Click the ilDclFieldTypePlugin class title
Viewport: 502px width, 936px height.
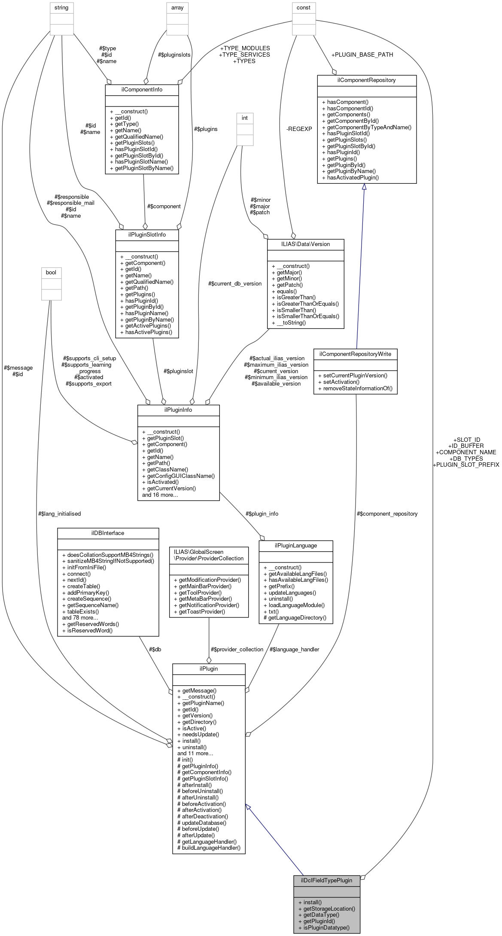(326, 880)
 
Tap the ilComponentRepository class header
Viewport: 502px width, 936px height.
(367, 80)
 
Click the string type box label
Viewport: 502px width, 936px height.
(61, 8)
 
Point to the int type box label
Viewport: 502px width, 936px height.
(245, 118)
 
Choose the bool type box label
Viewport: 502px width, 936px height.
(51, 272)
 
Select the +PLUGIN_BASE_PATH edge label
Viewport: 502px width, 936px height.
(362, 55)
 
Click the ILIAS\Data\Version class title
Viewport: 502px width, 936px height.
(305, 244)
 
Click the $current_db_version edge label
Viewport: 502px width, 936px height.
(235, 283)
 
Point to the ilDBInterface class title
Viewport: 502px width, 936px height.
(108, 533)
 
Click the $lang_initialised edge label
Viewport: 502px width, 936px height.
(59, 514)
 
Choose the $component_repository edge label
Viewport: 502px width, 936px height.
(387, 514)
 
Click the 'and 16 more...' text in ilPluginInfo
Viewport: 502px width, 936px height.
(160, 495)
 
